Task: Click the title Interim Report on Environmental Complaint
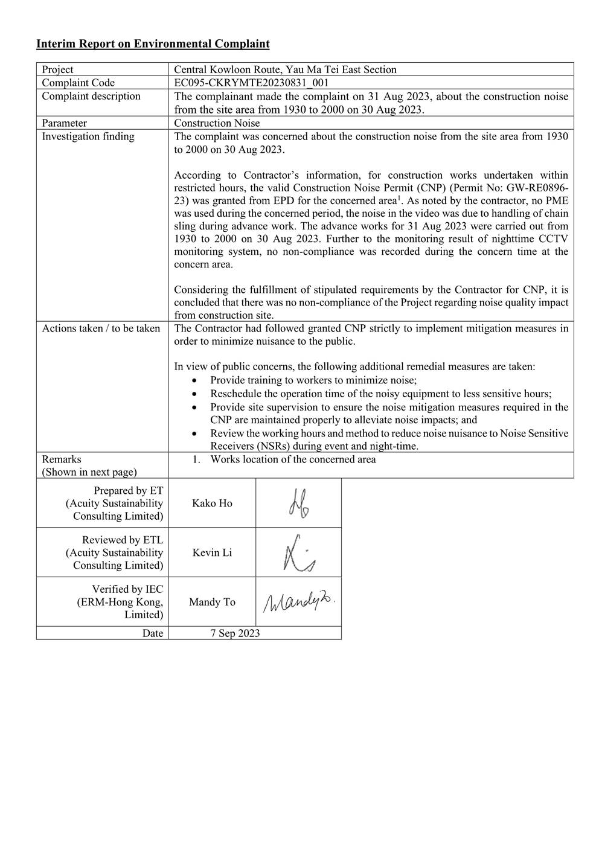(153, 43)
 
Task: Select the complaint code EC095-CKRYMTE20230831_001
(251, 83)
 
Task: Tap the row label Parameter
(64, 123)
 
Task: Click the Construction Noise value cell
(217, 123)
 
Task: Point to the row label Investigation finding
(88, 136)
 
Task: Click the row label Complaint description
(91, 96)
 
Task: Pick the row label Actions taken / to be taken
(101, 328)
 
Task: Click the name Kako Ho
(212, 503)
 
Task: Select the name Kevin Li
(212, 552)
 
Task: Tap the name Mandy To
(212, 602)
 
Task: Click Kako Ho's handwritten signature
(298, 503)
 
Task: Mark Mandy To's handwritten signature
(298, 601)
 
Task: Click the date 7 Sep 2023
(235, 633)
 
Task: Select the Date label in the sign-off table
(153, 633)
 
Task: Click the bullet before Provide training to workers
(194, 381)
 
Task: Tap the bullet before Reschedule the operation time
(194, 394)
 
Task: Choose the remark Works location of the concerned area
(293, 459)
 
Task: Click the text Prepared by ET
(128, 491)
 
